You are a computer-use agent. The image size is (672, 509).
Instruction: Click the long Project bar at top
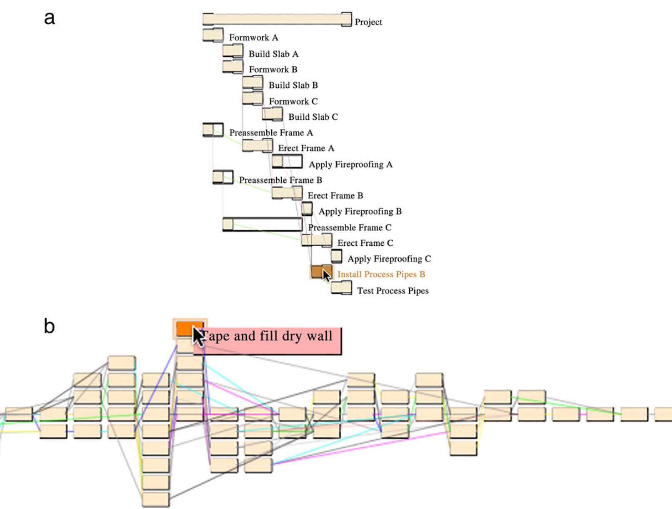pos(277,19)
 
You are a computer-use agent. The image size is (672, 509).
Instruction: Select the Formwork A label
pos(253,38)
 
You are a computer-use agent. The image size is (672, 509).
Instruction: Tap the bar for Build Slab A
pos(233,51)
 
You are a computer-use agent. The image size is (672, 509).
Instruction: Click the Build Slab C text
pos(313,117)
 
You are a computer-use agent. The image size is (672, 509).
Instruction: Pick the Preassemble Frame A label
pos(271,133)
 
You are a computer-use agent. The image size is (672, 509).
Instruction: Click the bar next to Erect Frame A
pos(257,146)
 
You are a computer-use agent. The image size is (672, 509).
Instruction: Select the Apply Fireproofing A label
pos(350,164)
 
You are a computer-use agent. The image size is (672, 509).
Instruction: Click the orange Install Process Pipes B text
pos(381,274)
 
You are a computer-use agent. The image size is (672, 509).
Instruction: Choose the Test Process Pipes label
pos(393,291)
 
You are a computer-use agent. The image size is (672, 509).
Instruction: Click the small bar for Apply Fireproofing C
pos(337,256)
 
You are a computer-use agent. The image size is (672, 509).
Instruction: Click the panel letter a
pos(50,18)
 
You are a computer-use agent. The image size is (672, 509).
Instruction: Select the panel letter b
pos(49,326)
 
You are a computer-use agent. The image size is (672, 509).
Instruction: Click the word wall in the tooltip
pos(319,336)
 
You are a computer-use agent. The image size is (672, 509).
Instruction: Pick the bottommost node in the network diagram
pos(156,499)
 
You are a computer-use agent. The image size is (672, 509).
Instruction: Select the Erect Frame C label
pos(365,243)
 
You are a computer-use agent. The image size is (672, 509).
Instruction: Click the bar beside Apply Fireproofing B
pos(307,208)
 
